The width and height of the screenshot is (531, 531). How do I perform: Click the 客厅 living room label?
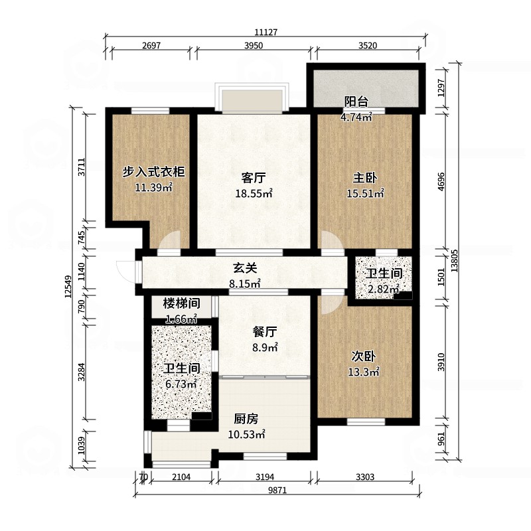tap(254, 178)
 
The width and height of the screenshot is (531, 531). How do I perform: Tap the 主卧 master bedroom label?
tap(364, 178)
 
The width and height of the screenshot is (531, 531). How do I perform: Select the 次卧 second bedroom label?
tap(363, 356)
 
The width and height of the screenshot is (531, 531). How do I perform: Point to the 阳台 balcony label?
tap(356, 102)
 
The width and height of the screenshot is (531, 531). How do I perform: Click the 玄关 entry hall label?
tap(245, 268)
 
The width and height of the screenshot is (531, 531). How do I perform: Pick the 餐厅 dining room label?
tap(265, 332)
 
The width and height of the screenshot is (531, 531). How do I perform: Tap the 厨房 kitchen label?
tap(246, 419)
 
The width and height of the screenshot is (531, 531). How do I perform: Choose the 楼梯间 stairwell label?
tap(181, 303)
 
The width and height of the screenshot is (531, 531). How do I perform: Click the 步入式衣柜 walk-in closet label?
tap(153, 172)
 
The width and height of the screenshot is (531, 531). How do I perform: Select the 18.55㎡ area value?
tap(254, 193)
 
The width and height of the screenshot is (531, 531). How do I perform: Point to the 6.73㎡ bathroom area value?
tap(181, 384)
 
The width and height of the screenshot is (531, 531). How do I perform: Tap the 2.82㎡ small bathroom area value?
tap(384, 289)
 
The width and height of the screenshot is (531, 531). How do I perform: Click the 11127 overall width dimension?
tap(266, 32)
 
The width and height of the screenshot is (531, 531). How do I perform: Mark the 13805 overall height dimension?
tap(455, 261)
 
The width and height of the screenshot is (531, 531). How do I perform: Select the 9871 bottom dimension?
tap(277, 491)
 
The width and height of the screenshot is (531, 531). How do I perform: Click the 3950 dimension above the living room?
tap(254, 45)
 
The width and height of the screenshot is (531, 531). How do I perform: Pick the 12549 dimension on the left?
tap(68, 287)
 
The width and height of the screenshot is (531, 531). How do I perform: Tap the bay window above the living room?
tap(252, 96)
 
